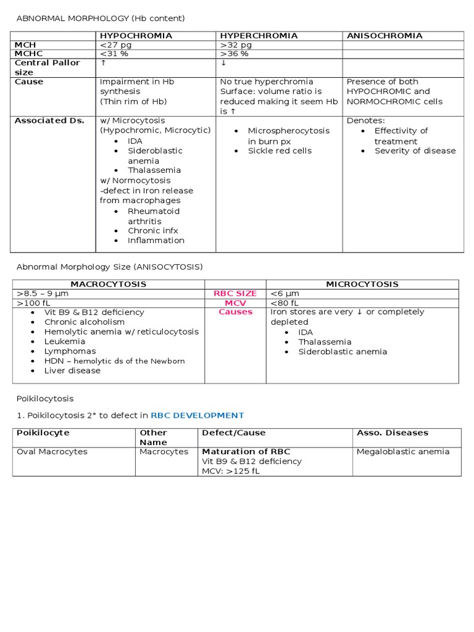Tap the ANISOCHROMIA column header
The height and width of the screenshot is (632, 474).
pos(385,36)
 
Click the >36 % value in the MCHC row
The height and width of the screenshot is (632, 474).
pos(235,54)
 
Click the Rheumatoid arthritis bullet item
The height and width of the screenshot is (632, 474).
pos(154,216)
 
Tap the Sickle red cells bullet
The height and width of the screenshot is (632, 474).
pos(280,151)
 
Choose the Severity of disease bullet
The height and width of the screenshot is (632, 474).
pos(415,151)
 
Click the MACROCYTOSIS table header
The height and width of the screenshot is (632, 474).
pos(108,285)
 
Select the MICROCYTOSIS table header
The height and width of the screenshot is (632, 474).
pos(362,285)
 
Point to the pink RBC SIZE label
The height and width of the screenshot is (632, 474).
pos(235,294)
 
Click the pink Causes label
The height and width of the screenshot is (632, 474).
pos(235,312)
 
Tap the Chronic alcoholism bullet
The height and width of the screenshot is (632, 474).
pos(85,322)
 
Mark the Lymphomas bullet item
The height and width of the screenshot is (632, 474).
pos(70,351)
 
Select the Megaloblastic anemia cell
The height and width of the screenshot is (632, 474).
pos(403,452)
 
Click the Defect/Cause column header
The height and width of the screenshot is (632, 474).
pos(233,433)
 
